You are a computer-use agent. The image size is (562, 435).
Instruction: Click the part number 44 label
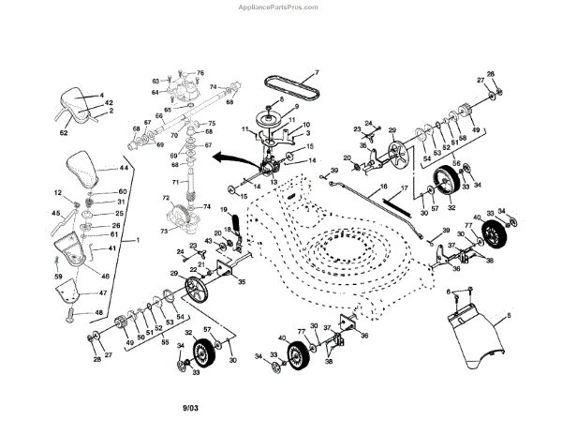pos(124,168)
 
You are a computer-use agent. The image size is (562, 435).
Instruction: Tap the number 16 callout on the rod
pos(383,188)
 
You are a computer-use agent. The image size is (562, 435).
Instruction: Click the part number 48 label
pos(99,313)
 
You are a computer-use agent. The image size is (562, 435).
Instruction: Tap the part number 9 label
pos(296,108)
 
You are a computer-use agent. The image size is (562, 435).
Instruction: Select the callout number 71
pos(174,181)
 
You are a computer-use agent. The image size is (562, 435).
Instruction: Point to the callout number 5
pos(509,315)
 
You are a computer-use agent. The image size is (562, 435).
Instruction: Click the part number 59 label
pos(58,277)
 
